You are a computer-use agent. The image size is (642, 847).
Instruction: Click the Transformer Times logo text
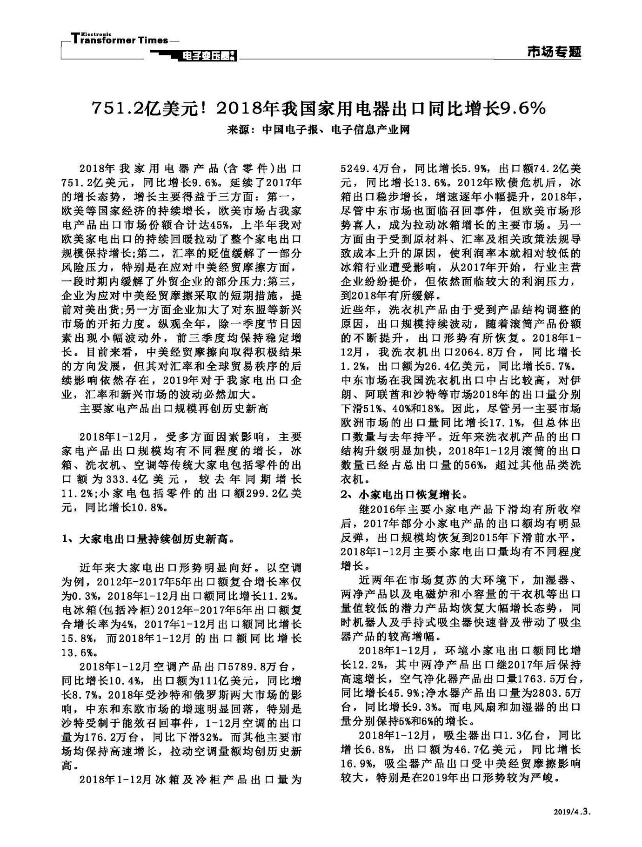119,40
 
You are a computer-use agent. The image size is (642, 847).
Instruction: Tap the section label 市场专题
554,52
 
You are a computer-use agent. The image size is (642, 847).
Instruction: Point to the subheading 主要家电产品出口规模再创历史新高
174,409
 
